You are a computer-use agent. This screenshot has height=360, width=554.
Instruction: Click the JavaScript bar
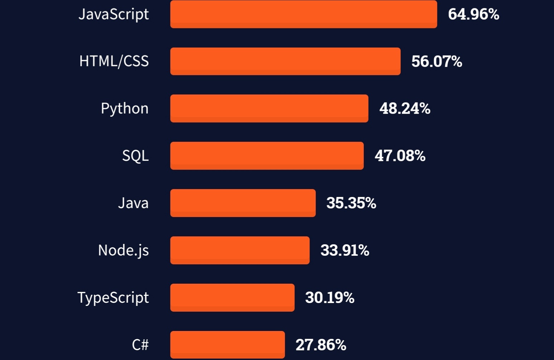(303, 14)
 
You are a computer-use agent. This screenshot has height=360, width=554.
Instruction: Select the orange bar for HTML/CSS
(285, 61)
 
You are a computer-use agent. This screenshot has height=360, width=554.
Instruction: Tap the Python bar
(269, 109)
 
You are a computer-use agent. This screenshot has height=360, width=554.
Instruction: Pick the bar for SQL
(267, 156)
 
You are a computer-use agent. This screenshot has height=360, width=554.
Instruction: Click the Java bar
(243, 203)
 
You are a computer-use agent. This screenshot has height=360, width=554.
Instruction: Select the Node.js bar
(240, 250)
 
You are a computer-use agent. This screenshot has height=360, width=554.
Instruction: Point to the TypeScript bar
(232, 298)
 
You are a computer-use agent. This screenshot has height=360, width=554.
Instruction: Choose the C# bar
(227, 345)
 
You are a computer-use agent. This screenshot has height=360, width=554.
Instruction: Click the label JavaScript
(114, 14)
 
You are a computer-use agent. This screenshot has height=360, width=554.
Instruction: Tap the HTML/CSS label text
(114, 61)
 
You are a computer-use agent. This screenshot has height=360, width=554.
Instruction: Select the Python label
(124, 109)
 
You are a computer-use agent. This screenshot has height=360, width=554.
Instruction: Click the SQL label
(135, 156)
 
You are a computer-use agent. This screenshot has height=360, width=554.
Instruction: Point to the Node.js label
(123, 250)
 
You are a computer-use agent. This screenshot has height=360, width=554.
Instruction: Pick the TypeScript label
(113, 298)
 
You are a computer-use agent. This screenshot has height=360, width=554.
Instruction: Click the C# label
(140, 345)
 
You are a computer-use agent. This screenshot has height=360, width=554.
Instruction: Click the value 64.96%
(473, 14)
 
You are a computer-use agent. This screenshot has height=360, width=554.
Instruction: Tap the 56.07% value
(437, 62)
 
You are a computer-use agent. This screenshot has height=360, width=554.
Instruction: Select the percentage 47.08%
(400, 156)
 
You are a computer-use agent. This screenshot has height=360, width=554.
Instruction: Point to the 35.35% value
(351, 203)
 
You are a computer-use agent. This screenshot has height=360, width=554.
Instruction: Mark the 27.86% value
(321, 345)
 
